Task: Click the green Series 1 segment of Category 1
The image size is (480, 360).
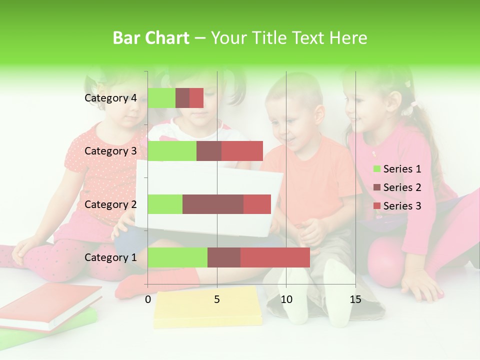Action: (177, 257)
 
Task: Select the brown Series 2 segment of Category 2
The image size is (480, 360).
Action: (212, 204)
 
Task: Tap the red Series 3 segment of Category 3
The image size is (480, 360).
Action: (242, 151)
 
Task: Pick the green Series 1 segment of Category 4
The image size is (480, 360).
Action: (161, 98)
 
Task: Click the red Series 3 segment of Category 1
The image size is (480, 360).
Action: (275, 257)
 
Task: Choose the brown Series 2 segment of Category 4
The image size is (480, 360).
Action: (182, 98)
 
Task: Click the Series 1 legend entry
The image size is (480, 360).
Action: (397, 169)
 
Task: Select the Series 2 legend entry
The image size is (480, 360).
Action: (397, 187)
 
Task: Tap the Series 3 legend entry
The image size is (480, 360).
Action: (397, 206)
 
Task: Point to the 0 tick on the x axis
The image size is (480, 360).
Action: (148, 299)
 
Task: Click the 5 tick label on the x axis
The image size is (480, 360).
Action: (217, 299)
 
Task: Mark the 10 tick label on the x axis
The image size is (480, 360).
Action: (286, 299)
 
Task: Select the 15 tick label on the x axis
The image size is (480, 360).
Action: (355, 299)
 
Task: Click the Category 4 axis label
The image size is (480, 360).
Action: (110, 98)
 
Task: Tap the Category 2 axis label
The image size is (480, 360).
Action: (110, 204)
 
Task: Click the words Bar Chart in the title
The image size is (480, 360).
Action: (150, 38)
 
